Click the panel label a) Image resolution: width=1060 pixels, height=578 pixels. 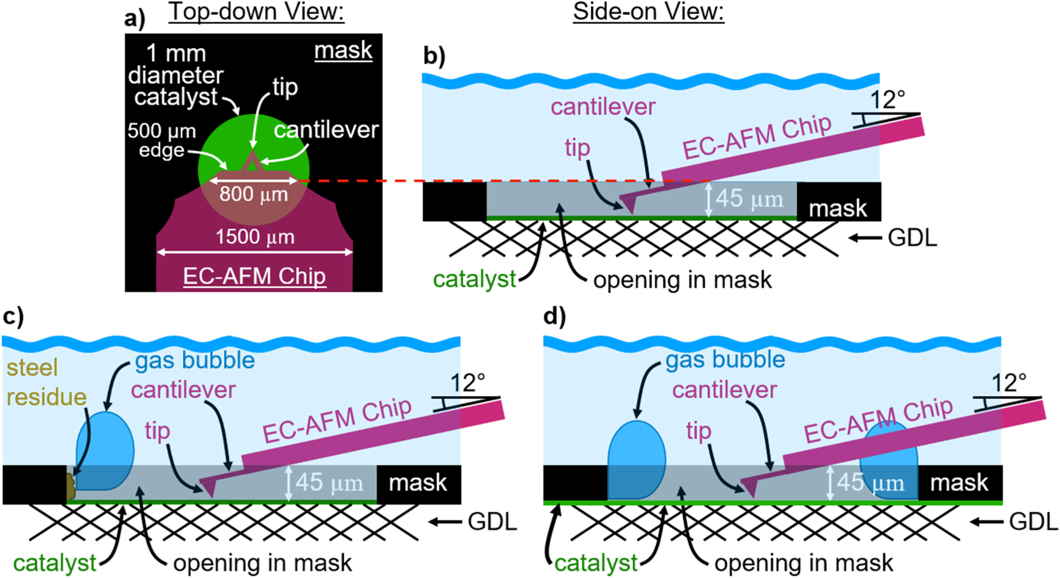pos(134,18)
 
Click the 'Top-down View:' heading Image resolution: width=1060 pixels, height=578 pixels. pos(256,11)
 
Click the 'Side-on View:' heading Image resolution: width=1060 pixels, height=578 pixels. pos(648,11)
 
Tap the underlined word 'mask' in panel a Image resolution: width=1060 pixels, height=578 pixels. pos(343,51)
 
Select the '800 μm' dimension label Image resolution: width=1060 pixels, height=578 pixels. pos(253,195)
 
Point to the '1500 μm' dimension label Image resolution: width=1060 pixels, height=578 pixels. pos(255,238)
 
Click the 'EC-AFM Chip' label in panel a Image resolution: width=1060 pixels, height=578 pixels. pos(255,276)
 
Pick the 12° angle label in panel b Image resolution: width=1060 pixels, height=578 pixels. pos(887,99)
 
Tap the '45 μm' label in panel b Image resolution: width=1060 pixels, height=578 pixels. pos(749,199)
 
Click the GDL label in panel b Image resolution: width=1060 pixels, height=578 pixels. pos(912,238)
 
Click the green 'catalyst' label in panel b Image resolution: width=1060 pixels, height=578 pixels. pos(474,280)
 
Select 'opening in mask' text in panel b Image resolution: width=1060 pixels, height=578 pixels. pos(682,280)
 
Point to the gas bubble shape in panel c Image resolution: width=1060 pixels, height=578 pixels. pos(106,451)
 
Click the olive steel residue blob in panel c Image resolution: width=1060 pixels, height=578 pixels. pos(71,486)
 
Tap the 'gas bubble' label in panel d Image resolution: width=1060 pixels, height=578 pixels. pos(725,360)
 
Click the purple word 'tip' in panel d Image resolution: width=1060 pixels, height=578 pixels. pos(698,431)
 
